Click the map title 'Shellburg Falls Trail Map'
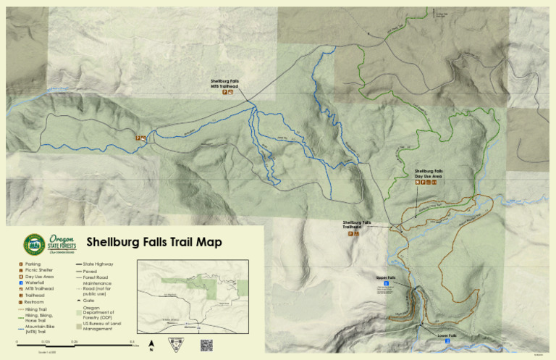coord(153,243)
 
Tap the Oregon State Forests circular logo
coord(34,244)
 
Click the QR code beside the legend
coord(206,344)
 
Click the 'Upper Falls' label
coord(386,277)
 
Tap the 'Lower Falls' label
coord(447,336)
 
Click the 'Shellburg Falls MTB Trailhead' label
coord(224,83)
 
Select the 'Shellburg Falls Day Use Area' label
coord(429,174)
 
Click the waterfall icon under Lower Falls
coord(447,342)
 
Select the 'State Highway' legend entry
coord(98,264)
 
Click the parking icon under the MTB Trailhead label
coord(224,93)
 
